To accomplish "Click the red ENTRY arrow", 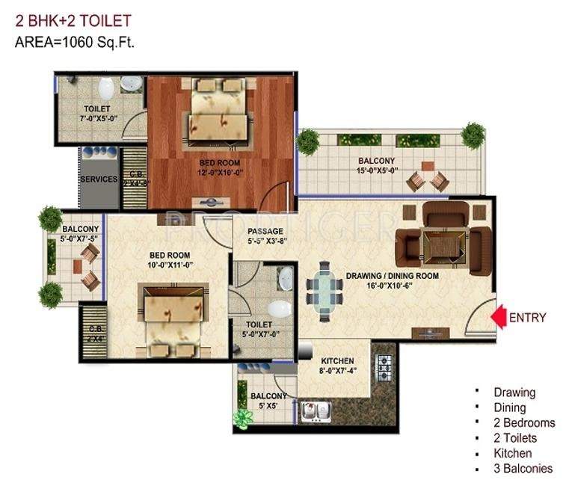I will (x=498, y=317).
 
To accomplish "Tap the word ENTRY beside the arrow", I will (x=527, y=318).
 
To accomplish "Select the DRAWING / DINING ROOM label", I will (x=392, y=276).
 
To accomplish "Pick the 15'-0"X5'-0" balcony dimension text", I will (x=377, y=170).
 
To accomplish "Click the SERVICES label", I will (x=99, y=179).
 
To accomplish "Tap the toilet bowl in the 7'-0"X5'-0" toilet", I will (x=106, y=89).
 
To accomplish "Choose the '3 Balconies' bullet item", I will (x=523, y=469).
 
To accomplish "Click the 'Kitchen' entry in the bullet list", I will (x=512, y=453).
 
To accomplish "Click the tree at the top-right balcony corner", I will (x=473, y=135).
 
